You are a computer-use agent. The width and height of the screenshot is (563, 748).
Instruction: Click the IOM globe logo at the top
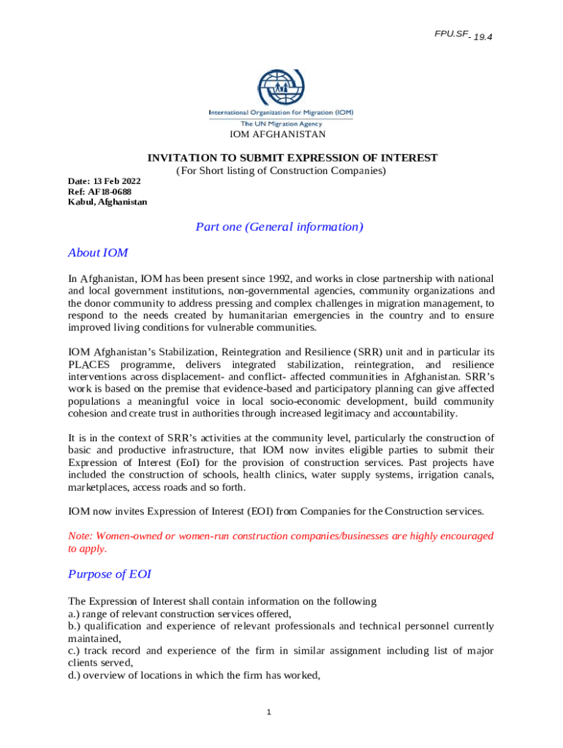pyautogui.click(x=281, y=88)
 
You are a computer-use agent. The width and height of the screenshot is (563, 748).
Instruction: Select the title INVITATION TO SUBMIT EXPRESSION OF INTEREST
pyautogui.click(x=292, y=158)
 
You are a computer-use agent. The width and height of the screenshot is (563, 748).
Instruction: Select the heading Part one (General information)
pyautogui.click(x=279, y=226)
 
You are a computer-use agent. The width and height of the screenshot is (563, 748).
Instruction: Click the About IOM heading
pyautogui.click(x=98, y=253)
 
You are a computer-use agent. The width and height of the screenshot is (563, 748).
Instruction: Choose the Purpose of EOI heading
pyautogui.click(x=110, y=574)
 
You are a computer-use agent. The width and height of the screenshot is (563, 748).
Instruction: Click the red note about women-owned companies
pyautogui.click(x=281, y=542)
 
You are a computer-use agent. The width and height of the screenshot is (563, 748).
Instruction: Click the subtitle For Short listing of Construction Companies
pyautogui.click(x=281, y=171)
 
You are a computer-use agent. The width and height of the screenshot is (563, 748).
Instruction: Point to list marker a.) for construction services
pyautogui.click(x=75, y=614)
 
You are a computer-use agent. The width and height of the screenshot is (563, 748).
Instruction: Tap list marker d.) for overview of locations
pyautogui.click(x=75, y=676)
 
